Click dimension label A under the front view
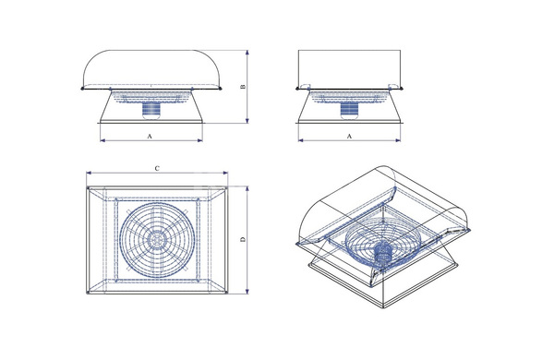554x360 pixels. pos(150,136)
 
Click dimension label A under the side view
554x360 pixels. pos(349,136)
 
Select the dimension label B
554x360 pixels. pos(243,87)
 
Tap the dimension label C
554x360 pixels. pos(157,169)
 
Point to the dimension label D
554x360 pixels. pos(243,239)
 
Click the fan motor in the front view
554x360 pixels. pos(152,110)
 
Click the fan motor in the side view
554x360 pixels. pos(350,110)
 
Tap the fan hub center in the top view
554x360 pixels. pos(157,239)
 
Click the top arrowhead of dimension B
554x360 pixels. pos(247,53)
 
